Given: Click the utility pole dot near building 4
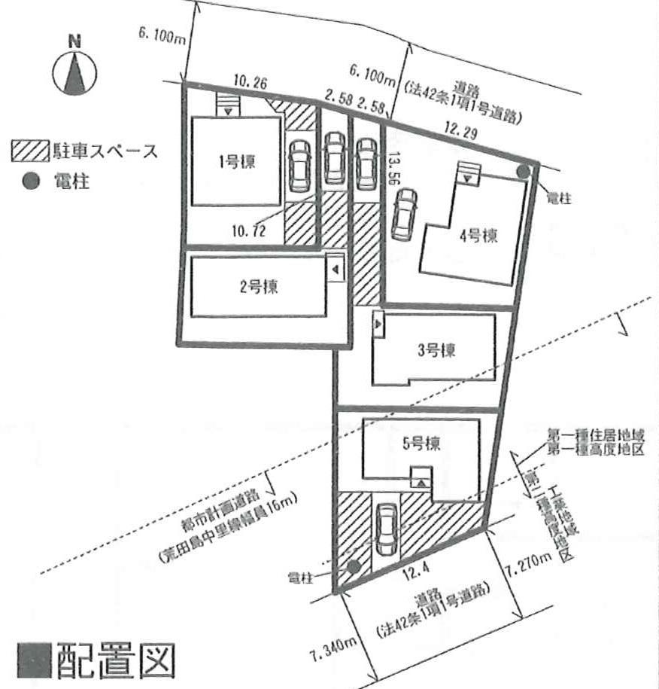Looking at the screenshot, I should (523, 172).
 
